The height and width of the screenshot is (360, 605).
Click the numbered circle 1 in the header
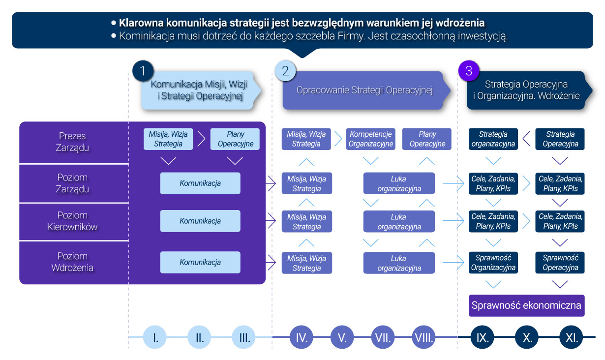143,71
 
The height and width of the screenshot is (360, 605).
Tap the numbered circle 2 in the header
285,71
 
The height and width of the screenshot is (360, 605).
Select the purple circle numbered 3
468,71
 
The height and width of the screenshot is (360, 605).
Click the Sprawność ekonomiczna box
526,305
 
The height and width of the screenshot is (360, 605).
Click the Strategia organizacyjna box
493,139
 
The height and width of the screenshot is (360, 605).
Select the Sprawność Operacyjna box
560,263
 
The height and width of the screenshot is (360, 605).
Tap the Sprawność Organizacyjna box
493,263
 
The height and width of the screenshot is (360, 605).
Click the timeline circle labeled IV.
302,337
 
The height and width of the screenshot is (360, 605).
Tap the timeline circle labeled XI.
572,337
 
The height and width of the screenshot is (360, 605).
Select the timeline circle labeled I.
155,337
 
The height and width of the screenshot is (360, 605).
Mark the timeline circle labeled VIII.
424,337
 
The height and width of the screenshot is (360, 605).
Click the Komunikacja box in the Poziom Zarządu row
200,183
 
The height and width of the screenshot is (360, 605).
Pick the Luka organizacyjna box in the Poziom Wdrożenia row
399,263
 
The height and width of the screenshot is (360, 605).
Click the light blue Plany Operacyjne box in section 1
235,139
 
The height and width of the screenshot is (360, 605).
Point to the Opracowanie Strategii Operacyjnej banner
364,90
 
